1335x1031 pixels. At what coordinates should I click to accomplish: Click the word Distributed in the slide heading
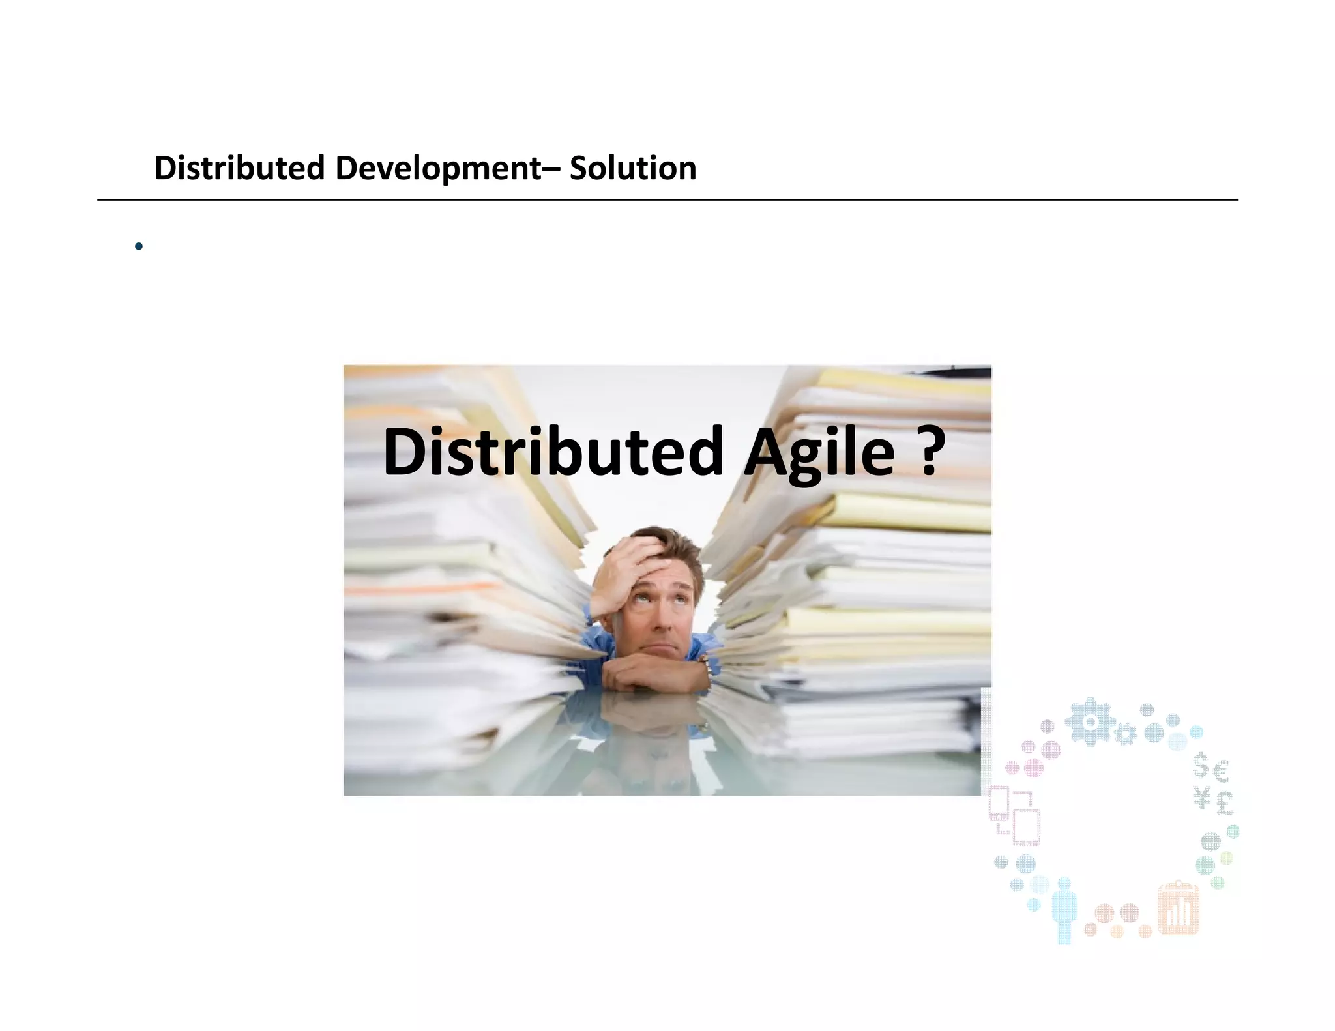[x=239, y=168]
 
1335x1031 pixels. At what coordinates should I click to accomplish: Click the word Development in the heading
[x=438, y=168]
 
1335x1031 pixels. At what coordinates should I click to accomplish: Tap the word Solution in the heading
[x=633, y=168]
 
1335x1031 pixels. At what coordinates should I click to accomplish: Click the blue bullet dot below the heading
[x=138, y=246]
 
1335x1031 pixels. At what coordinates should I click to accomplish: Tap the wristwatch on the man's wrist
[x=704, y=665]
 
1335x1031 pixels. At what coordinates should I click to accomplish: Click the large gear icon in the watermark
[x=1090, y=721]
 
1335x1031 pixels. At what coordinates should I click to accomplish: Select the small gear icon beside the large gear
[x=1124, y=734]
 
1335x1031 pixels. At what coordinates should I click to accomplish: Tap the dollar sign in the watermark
[x=1201, y=766]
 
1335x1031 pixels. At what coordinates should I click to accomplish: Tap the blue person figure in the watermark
[x=1064, y=909]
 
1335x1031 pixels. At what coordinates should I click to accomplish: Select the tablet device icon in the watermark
[x=1026, y=826]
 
